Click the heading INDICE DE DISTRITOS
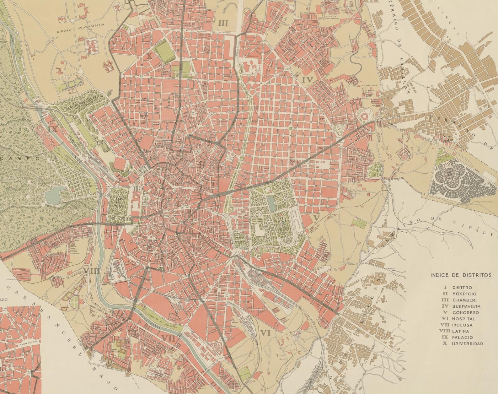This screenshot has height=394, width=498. click(x=461, y=275)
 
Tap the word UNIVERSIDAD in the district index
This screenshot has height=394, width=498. click(x=467, y=344)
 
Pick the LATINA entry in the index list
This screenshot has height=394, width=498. click(x=461, y=331)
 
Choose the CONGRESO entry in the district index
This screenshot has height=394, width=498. click(x=465, y=312)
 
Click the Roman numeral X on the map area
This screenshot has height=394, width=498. click(x=149, y=56)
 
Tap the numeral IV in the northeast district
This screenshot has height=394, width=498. click(x=308, y=80)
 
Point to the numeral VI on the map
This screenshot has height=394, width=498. click(x=265, y=334)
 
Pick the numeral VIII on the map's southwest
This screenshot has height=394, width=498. click(x=92, y=272)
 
